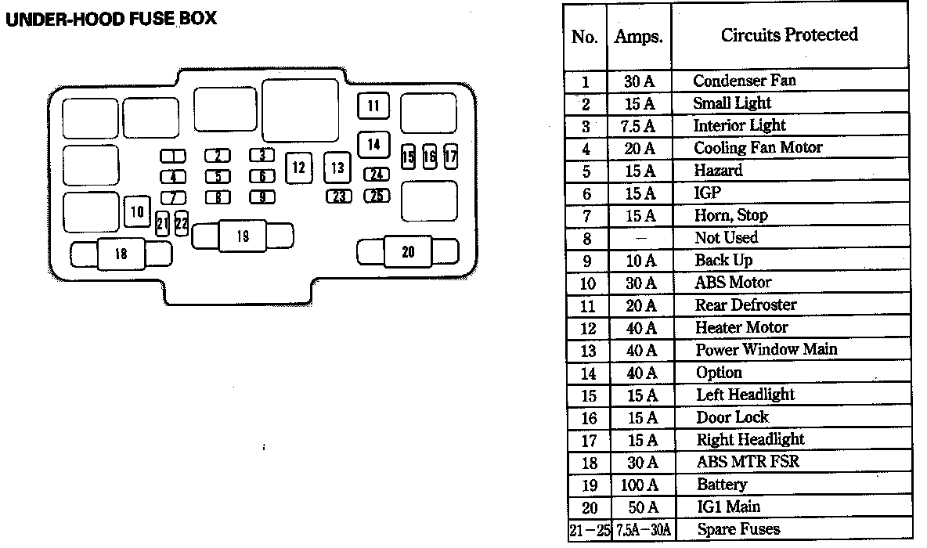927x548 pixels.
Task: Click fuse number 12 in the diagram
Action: pos(298,168)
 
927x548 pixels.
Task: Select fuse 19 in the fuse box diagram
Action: pos(243,236)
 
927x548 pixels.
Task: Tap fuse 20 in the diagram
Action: pos(408,252)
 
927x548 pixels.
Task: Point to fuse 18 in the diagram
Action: pos(121,254)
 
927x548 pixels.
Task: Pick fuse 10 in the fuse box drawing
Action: pos(137,211)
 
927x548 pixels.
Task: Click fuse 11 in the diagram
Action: pos(373,106)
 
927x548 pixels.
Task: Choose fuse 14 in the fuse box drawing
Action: pos(373,144)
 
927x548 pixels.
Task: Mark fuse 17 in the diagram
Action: pos(450,157)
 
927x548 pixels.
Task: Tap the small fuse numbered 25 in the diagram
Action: pos(377,196)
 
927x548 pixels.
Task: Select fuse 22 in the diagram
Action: pos(182,223)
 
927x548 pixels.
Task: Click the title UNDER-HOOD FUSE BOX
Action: pos(111,19)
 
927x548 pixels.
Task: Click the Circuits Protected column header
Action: pos(789,35)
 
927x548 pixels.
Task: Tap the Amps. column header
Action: pos(639,37)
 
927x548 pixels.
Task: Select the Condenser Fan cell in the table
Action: pos(745,81)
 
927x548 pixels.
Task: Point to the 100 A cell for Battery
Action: pos(639,485)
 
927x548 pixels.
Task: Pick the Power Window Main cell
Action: pos(766,349)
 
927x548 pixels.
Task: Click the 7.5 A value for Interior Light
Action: pos(637,126)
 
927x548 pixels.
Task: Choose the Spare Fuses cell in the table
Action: pos(738,529)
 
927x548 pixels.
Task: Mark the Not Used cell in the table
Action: pos(726,238)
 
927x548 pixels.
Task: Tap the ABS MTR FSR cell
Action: pos(748,462)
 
